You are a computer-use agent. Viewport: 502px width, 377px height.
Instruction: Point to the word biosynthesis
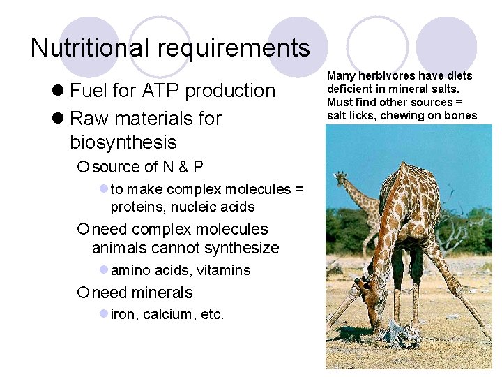123,142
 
